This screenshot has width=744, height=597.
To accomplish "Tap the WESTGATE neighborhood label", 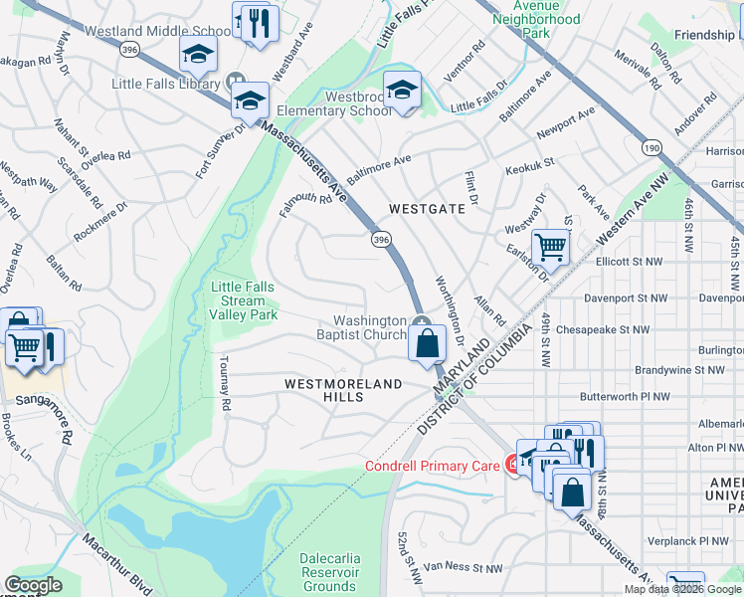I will tap(427, 210).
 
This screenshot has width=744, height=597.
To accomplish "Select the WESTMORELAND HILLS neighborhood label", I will tap(343, 390).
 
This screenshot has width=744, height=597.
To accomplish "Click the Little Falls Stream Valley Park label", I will tap(243, 300).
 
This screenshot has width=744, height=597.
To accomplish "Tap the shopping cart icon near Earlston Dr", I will tap(550, 248).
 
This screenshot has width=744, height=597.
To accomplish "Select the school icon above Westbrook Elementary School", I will tap(402, 91).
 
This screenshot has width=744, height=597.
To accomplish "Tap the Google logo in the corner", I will tap(33, 585).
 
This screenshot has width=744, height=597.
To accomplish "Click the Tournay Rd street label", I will tap(225, 384).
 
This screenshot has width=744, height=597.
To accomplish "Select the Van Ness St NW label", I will tap(463, 569).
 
